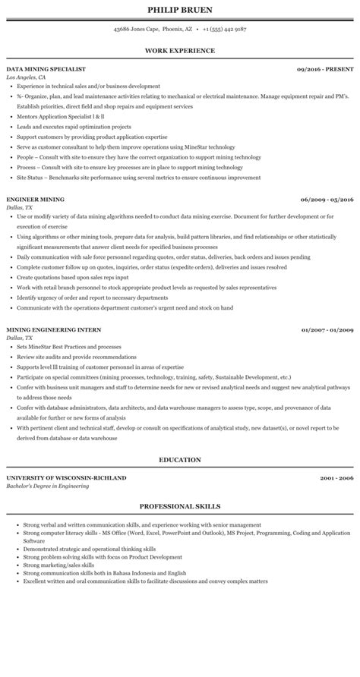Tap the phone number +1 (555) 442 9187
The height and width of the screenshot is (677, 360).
click(226, 30)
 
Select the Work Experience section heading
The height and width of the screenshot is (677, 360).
click(180, 51)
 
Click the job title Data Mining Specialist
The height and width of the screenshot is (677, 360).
click(46, 69)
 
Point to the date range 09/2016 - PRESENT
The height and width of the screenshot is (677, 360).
click(325, 69)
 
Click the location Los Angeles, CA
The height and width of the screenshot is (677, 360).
click(25, 77)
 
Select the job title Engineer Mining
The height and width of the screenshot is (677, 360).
click(35, 200)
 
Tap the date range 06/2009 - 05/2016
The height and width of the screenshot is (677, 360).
click(327, 200)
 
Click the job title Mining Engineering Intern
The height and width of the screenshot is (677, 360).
click(52, 330)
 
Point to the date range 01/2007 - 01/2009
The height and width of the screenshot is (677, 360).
click(327, 330)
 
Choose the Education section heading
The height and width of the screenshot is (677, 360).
click(180, 460)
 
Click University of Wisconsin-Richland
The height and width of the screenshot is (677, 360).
click(66, 477)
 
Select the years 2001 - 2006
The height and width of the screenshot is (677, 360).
click(336, 477)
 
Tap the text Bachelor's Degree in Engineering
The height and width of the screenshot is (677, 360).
click(47, 486)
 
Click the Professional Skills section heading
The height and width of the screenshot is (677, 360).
click(180, 506)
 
